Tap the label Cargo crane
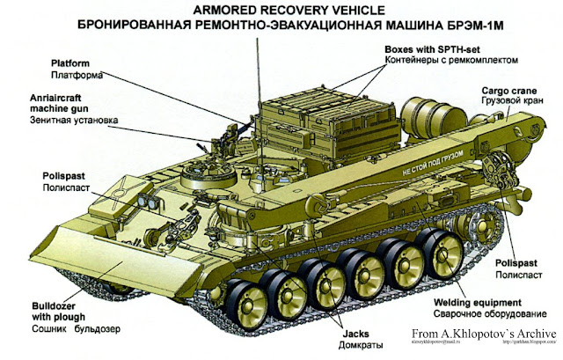[x=503, y=91]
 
